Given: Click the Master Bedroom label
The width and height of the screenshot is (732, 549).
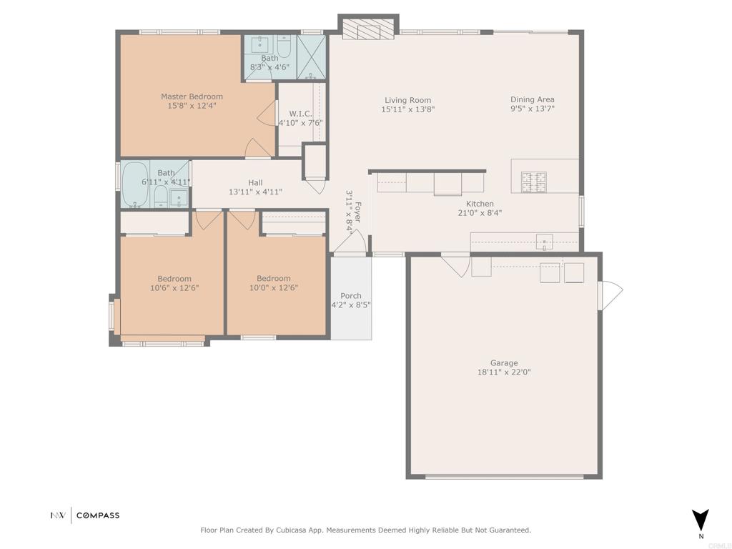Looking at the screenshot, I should click(192, 97).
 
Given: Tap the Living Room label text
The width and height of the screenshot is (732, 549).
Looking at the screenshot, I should click(407, 100).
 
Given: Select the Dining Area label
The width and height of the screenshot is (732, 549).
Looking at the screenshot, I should click(532, 99).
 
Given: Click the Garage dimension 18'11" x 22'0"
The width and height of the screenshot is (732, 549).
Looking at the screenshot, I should click(504, 372).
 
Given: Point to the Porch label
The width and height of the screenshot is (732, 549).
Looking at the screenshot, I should click(351, 296).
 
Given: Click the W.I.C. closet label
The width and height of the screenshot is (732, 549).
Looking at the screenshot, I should click(300, 114).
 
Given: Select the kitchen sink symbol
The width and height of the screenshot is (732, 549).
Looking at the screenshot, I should click(544, 242).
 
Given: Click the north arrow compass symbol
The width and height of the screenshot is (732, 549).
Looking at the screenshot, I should click(701, 519).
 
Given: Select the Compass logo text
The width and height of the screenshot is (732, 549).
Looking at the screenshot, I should click(98, 515).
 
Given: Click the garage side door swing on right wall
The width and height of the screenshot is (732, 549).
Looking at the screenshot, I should click(611, 295).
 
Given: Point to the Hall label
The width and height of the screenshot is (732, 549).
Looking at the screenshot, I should click(255, 183).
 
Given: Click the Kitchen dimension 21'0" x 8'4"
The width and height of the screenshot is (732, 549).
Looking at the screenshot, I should click(480, 212).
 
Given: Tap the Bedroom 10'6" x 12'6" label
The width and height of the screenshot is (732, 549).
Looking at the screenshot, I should click(174, 279).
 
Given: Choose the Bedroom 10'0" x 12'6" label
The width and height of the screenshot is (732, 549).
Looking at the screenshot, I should click(274, 279).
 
